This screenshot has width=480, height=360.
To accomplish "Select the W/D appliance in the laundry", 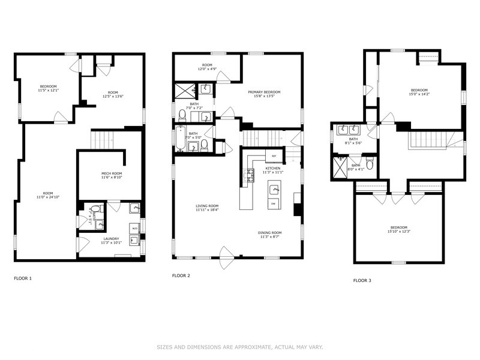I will point(134,229).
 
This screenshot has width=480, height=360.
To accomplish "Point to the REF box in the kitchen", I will point(274,156).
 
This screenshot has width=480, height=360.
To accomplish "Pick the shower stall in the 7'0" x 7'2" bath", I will point(184,91).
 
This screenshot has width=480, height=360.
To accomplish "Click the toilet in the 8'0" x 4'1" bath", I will point(370,164).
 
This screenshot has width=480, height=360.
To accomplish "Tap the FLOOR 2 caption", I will point(181,276).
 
